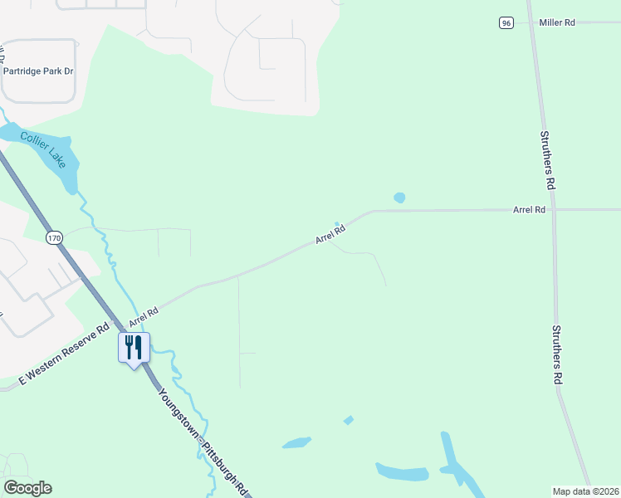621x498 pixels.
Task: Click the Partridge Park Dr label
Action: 38,71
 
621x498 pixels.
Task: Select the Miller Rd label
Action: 556,23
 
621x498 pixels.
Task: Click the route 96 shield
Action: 506,23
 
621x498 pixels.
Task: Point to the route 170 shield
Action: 54,238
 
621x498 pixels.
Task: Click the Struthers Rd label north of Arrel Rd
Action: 547,158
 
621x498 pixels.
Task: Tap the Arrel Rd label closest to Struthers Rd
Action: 528,211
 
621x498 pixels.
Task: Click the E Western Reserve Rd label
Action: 65,354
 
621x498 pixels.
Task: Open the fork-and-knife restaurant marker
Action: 134,347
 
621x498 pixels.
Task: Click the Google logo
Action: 27,488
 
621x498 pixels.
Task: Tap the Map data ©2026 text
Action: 585,491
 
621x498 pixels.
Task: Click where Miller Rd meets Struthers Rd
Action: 531,23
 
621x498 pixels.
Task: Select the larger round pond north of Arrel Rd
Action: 399,198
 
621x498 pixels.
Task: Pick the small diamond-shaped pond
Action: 349,420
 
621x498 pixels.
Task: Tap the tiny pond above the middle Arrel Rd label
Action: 336,223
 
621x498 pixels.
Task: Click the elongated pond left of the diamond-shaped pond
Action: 296,442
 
